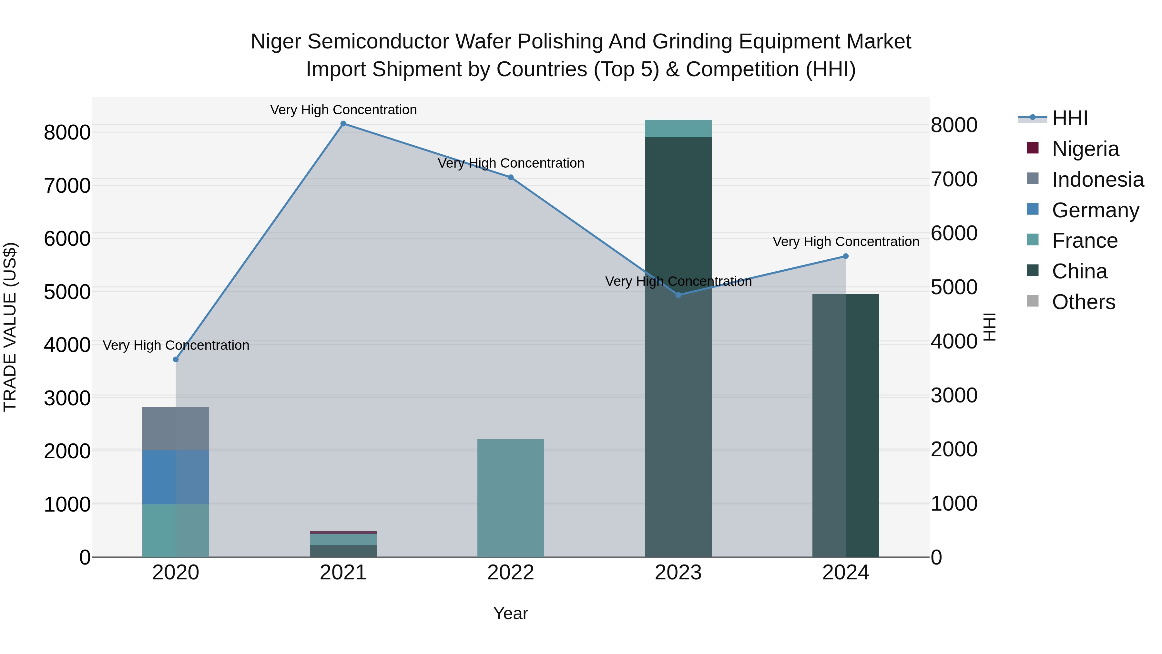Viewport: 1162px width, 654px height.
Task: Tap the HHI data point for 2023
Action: pos(678,295)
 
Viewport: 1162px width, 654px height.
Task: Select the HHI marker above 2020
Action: pos(176,359)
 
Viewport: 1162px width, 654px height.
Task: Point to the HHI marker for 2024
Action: pos(845,256)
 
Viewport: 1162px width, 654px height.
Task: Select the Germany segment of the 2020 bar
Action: pos(176,477)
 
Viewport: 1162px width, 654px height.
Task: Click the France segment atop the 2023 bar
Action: pos(678,129)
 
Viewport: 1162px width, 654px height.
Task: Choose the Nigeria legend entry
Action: pos(1085,149)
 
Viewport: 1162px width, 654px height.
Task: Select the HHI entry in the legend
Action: pos(1070,118)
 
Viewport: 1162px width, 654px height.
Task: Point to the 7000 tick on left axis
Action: pos(67,185)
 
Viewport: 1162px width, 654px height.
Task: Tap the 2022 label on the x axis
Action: pos(511,573)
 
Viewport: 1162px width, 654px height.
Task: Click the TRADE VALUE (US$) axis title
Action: pos(10,327)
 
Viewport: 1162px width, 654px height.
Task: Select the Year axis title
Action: pos(511,613)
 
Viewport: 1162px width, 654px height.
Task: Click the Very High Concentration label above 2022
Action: pos(511,163)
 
